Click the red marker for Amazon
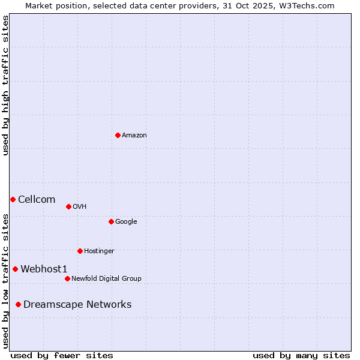click(x=118, y=135)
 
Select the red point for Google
click(x=111, y=221)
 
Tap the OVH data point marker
click(x=68, y=206)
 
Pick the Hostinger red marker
click(x=80, y=251)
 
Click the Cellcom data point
click(x=13, y=199)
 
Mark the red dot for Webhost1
click(x=15, y=269)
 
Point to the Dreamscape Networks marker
click(x=18, y=304)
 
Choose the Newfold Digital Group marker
click(x=67, y=278)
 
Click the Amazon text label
click(x=134, y=136)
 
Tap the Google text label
click(x=126, y=222)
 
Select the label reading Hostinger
click(x=99, y=251)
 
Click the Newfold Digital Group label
click(x=106, y=279)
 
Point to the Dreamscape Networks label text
click(x=77, y=305)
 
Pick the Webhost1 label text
click(x=44, y=269)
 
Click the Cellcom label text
click(x=37, y=200)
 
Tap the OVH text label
click(x=80, y=207)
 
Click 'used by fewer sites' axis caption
click(x=62, y=355)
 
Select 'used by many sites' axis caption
click(x=301, y=355)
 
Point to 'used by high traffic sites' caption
click(x=5, y=85)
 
